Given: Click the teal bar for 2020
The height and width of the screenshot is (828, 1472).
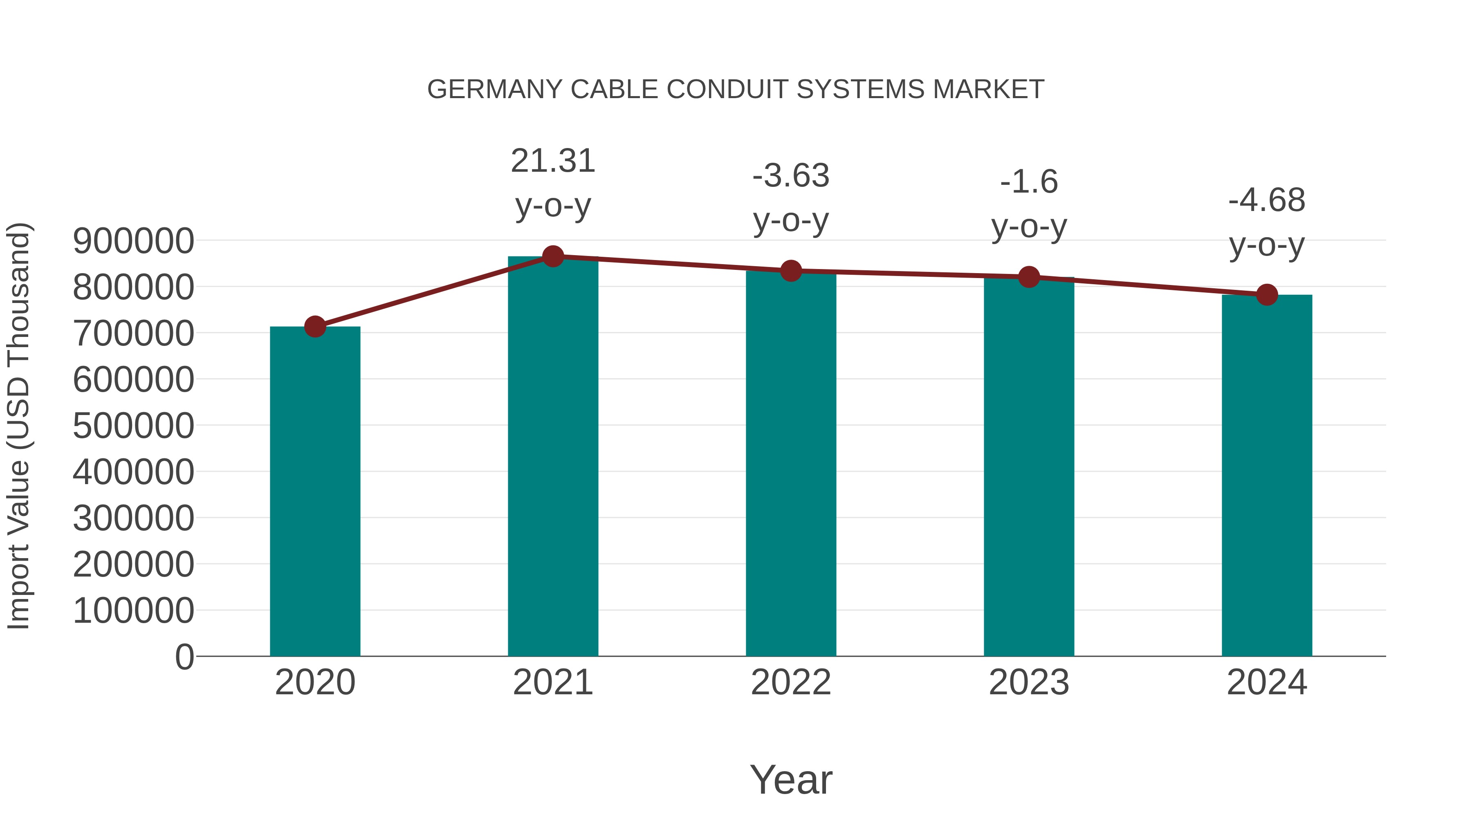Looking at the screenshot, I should pos(315,491).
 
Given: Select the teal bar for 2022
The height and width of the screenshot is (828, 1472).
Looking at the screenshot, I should pos(791,463).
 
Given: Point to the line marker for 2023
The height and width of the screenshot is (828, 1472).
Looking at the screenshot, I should pos(1029,277).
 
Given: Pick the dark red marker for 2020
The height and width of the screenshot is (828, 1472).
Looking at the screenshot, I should pos(315,327).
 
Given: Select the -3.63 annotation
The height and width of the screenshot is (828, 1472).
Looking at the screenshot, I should pos(791,176).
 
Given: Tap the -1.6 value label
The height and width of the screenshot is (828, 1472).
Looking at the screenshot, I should pos(1029,182).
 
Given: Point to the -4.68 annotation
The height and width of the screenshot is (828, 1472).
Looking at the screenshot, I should pos(1267,201).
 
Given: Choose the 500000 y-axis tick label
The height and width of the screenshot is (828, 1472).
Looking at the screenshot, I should pos(134,426).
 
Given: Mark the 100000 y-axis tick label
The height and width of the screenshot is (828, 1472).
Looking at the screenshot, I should pos(134,610).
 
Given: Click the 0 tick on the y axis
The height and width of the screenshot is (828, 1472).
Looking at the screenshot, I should pos(184,657).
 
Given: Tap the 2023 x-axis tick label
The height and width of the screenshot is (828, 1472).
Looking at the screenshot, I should pos(1029,682).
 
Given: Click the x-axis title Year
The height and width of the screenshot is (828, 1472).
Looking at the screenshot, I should pos(791,779).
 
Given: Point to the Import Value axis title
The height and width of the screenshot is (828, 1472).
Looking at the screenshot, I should pos(19,426).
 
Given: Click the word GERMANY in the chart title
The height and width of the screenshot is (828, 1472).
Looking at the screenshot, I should pos(495,90).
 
